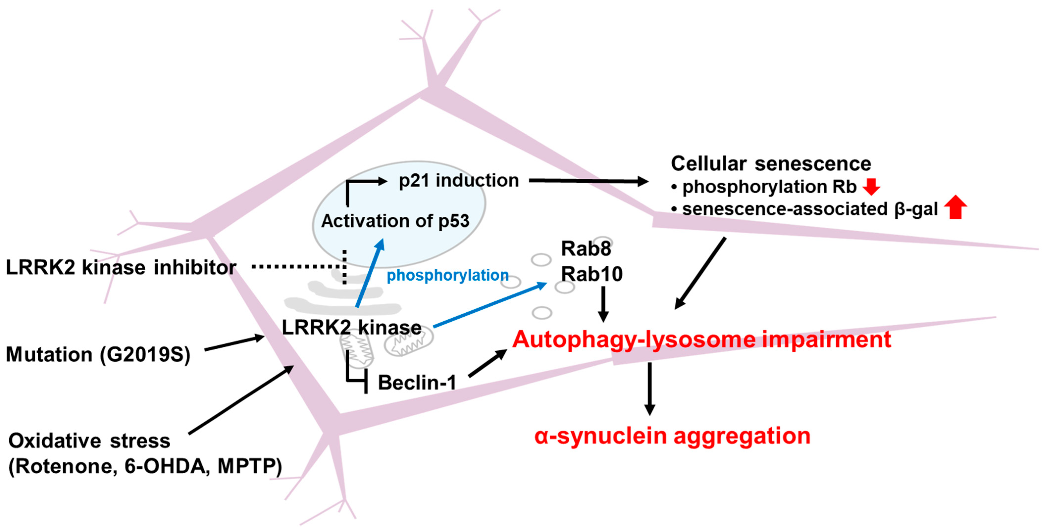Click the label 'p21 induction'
coord(458,180)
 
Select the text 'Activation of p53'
coord(395,221)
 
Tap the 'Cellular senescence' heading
coord(771,163)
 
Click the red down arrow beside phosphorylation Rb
coord(871,186)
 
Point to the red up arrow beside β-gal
coord(955,207)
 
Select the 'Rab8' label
coord(586,248)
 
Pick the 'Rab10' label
coord(591,274)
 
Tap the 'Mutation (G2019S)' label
coord(98,354)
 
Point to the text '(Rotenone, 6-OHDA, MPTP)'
coord(145,466)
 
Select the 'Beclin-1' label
coord(417,382)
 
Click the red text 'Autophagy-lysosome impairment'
coord(701,339)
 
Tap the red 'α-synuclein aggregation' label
coord(672,436)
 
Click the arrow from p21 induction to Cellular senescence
coord(588,181)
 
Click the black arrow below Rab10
coord(603,304)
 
